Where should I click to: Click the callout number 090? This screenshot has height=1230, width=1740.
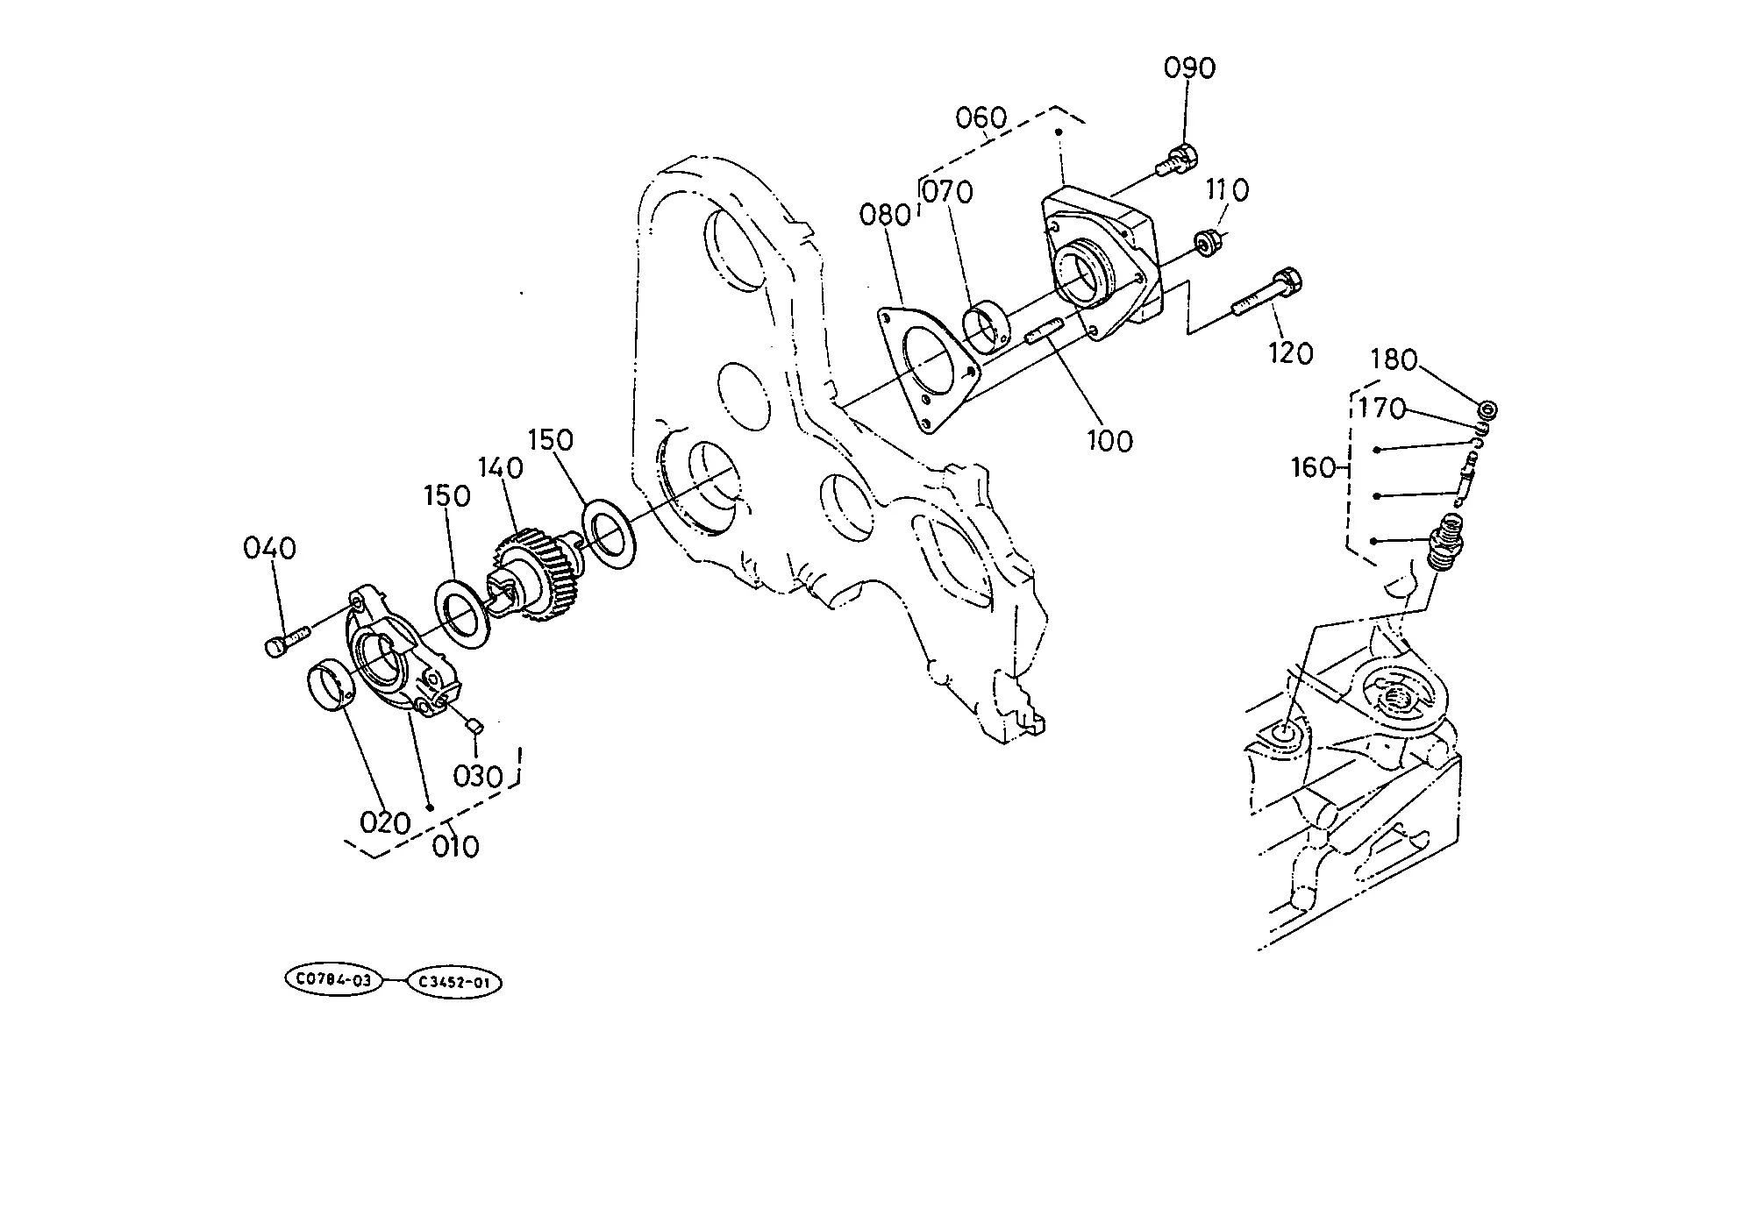[1189, 68]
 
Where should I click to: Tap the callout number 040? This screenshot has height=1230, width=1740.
[270, 549]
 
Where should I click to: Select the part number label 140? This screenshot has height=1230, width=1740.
[500, 468]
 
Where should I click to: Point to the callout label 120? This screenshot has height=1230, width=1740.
[1291, 353]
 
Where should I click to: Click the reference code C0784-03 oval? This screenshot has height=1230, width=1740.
[334, 980]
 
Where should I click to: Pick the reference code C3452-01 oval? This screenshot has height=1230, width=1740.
[453, 983]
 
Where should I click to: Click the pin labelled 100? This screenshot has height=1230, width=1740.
[1044, 334]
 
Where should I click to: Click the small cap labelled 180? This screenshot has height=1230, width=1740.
[1487, 409]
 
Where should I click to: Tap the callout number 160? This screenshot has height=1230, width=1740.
[1314, 468]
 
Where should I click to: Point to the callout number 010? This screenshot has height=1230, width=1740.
[456, 847]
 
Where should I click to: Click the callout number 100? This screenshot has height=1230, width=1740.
[1109, 440]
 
